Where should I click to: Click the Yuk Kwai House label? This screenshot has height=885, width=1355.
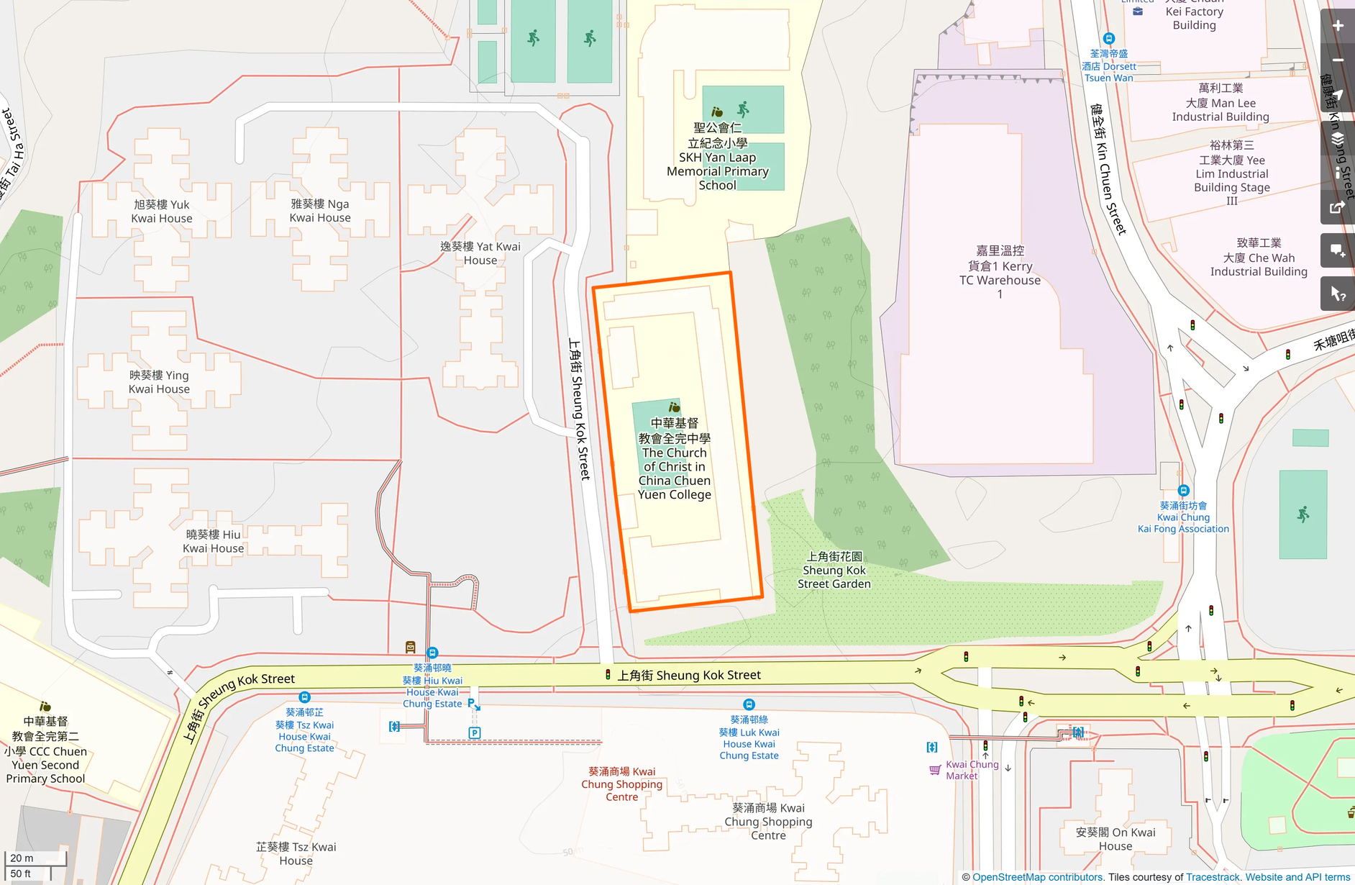(162, 212)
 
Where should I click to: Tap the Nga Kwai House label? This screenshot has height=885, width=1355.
(320, 211)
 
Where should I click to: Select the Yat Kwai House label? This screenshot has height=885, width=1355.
(480, 253)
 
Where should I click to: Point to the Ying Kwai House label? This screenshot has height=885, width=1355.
(159, 382)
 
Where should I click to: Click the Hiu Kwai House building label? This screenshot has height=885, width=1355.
(213, 541)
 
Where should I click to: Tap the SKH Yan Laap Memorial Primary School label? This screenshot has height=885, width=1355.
(717, 157)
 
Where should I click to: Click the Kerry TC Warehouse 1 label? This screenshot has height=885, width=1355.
(1000, 272)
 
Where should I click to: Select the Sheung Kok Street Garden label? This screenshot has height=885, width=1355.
(834, 570)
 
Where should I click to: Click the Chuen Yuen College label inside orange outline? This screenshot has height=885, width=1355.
(675, 458)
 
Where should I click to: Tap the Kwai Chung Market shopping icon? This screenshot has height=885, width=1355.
(934, 770)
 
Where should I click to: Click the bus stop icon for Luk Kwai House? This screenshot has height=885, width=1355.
(749, 704)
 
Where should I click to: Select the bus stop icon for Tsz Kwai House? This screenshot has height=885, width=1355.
(304, 697)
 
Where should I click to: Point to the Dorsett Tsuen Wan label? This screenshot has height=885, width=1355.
(1108, 65)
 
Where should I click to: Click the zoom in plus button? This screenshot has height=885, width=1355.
(1338, 26)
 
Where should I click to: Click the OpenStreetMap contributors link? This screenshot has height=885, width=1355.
(1037, 877)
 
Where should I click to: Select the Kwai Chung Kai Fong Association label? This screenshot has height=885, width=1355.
(1183, 517)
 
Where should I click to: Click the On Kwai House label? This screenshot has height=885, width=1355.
(1116, 839)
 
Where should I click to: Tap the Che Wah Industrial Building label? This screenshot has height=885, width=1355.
(1259, 258)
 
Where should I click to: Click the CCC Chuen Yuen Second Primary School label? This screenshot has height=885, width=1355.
(45, 750)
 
